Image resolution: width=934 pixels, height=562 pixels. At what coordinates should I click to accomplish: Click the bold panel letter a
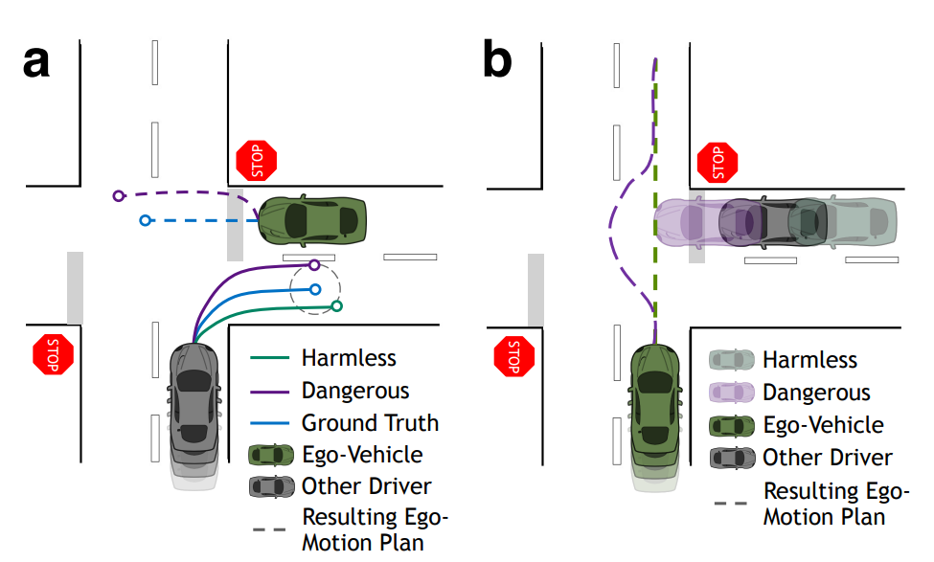point(36,62)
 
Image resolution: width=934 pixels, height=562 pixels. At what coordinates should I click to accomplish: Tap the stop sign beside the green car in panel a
point(257,161)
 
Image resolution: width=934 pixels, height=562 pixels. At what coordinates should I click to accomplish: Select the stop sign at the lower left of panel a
point(53,354)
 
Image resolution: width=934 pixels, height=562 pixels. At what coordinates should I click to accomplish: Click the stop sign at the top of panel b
point(717,162)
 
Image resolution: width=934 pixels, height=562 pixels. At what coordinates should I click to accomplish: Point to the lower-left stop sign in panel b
point(513,356)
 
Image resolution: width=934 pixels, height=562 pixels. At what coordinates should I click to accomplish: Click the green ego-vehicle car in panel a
point(313,219)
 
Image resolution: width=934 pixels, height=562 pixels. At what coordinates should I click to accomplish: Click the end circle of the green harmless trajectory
point(336,306)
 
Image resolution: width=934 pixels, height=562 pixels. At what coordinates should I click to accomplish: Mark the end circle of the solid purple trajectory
point(314,265)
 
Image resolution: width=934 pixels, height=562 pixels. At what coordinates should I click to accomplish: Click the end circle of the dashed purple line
point(119,196)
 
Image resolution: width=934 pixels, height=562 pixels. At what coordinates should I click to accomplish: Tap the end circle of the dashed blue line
point(145,220)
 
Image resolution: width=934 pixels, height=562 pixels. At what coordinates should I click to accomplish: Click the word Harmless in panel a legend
point(349,359)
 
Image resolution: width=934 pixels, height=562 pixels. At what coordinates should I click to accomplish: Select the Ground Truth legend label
point(370,423)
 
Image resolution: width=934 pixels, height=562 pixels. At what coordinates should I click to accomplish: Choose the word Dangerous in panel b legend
point(816,393)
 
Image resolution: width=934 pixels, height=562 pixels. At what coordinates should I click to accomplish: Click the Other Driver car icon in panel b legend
point(730,458)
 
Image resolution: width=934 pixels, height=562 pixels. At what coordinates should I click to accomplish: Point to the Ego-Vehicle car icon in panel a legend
point(270,455)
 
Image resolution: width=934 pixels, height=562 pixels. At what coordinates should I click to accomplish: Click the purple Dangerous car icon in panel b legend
point(730,393)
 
